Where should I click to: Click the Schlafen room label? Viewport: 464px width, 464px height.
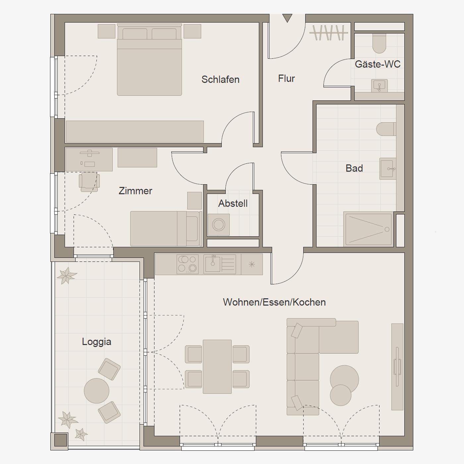tap(220, 80)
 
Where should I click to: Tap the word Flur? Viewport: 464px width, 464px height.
tap(286, 79)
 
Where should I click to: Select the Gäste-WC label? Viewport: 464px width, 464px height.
tap(377, 64)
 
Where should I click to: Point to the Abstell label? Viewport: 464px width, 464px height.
tap(233, 203)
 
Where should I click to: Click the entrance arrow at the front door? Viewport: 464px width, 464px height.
tap(287, 18)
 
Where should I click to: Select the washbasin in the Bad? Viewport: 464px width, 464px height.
tap(388, 169)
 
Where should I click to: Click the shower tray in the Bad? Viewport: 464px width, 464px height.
tap(369, 229)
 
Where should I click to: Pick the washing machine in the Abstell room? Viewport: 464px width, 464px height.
tap(219, 225)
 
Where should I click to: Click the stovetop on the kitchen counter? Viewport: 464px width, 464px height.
tap(188, 264)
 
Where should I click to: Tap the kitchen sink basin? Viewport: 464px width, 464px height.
tap(213, 264)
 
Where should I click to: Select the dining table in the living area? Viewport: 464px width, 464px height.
tap(217, 367)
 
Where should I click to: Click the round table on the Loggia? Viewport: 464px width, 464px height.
tap(96, 391)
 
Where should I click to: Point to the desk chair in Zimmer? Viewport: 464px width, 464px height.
tap(89, 182)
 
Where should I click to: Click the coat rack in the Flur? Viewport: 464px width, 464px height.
tap(328, 33)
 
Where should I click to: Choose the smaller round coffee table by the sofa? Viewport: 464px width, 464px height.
tap(340, 395)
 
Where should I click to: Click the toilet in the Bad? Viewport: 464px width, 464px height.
tap(386, 129)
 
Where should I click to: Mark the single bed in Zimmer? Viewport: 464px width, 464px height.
tap(166, 229)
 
